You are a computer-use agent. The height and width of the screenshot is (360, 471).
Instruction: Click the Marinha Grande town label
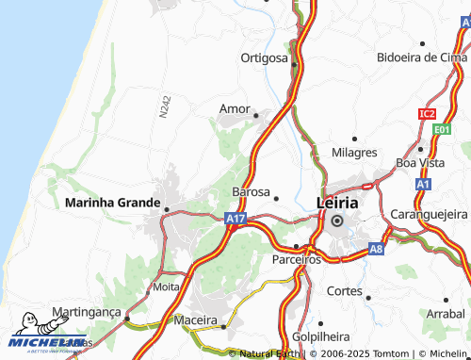coord(111,202)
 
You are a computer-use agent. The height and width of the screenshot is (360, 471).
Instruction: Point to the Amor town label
coord(235,108)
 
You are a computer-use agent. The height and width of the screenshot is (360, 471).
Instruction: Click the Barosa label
coord(251,191)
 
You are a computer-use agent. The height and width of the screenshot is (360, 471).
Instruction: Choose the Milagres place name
coord(354,152)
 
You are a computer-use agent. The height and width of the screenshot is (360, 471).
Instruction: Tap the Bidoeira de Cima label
coord(421,57)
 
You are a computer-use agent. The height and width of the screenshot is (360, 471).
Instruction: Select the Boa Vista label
coord(419,162)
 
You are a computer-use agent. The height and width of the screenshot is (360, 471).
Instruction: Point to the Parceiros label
coord(296,258)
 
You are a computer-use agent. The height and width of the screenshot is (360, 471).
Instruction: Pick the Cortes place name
coord(344,290)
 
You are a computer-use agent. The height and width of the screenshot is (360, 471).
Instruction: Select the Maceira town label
coord(196,320)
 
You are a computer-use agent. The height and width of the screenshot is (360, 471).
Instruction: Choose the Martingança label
coord(88,311)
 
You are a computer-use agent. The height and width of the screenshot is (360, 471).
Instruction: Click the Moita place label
coord(166,286)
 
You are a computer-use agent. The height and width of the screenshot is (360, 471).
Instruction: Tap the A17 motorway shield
coord(235,219)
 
